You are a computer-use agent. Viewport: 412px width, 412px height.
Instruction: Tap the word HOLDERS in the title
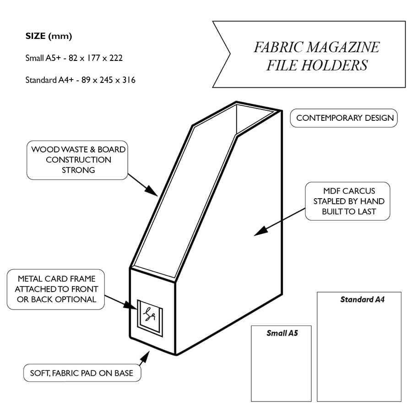click(x=335, y=65)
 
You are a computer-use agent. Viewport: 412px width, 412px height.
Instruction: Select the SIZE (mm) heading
click(x=49, y=36)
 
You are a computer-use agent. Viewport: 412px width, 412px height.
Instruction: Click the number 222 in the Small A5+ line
click(x=116, y=58)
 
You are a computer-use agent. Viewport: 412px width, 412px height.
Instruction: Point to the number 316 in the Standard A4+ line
click(x=129, y=80)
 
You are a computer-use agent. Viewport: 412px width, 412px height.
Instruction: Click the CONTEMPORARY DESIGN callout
click(x=345, y=118)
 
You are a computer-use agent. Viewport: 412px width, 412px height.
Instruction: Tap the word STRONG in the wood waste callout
click(x=78, y=170)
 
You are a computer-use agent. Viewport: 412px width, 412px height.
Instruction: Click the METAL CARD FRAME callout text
click(x=56, y=289)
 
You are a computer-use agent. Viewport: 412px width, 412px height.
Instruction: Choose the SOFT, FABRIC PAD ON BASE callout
click(x=82, y=373)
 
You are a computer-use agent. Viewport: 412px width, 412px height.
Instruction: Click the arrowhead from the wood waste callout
click(x=152, y=190)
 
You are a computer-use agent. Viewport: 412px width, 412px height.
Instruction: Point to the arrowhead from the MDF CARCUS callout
click(x=261, y=231)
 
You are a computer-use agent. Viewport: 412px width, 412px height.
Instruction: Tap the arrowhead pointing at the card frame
click(x=130, y=305)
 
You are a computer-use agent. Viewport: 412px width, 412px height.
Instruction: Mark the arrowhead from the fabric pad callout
click(x=145, y=357)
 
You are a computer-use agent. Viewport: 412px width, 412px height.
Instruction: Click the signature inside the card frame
click(x=149, y=314)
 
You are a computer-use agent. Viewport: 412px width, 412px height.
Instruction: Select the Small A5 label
click(x=282, y=333)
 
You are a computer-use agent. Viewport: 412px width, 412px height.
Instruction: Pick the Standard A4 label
click(x=363, y=299)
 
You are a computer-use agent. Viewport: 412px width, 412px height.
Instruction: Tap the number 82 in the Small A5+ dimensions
click(x=73, y=58)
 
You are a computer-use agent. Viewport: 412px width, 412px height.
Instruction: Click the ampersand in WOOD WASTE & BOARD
click(x=92, y=150)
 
